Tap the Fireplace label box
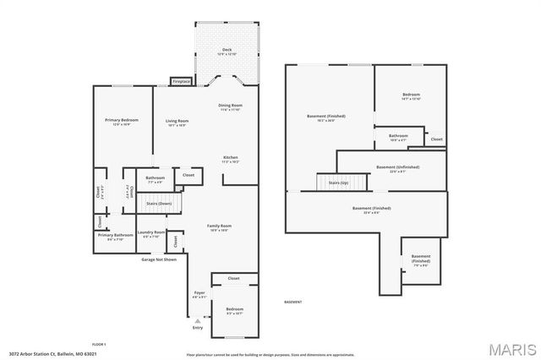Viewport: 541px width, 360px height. (181, 81)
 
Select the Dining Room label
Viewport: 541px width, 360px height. (231, 106)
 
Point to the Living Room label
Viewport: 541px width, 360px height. (176, 122)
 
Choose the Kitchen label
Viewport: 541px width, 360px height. (230, 158)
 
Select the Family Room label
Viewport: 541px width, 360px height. (220, 226)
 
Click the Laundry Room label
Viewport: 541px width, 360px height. (151, 233)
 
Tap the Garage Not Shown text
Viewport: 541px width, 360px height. (159, 259)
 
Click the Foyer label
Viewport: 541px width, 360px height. (199, 295)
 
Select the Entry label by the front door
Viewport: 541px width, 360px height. (198, 326)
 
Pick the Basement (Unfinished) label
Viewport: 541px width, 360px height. (397, 168)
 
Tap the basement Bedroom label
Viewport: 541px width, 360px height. (411, 95)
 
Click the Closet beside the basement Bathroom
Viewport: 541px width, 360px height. (436, 139)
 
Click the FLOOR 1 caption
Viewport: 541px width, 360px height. (99, 344)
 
